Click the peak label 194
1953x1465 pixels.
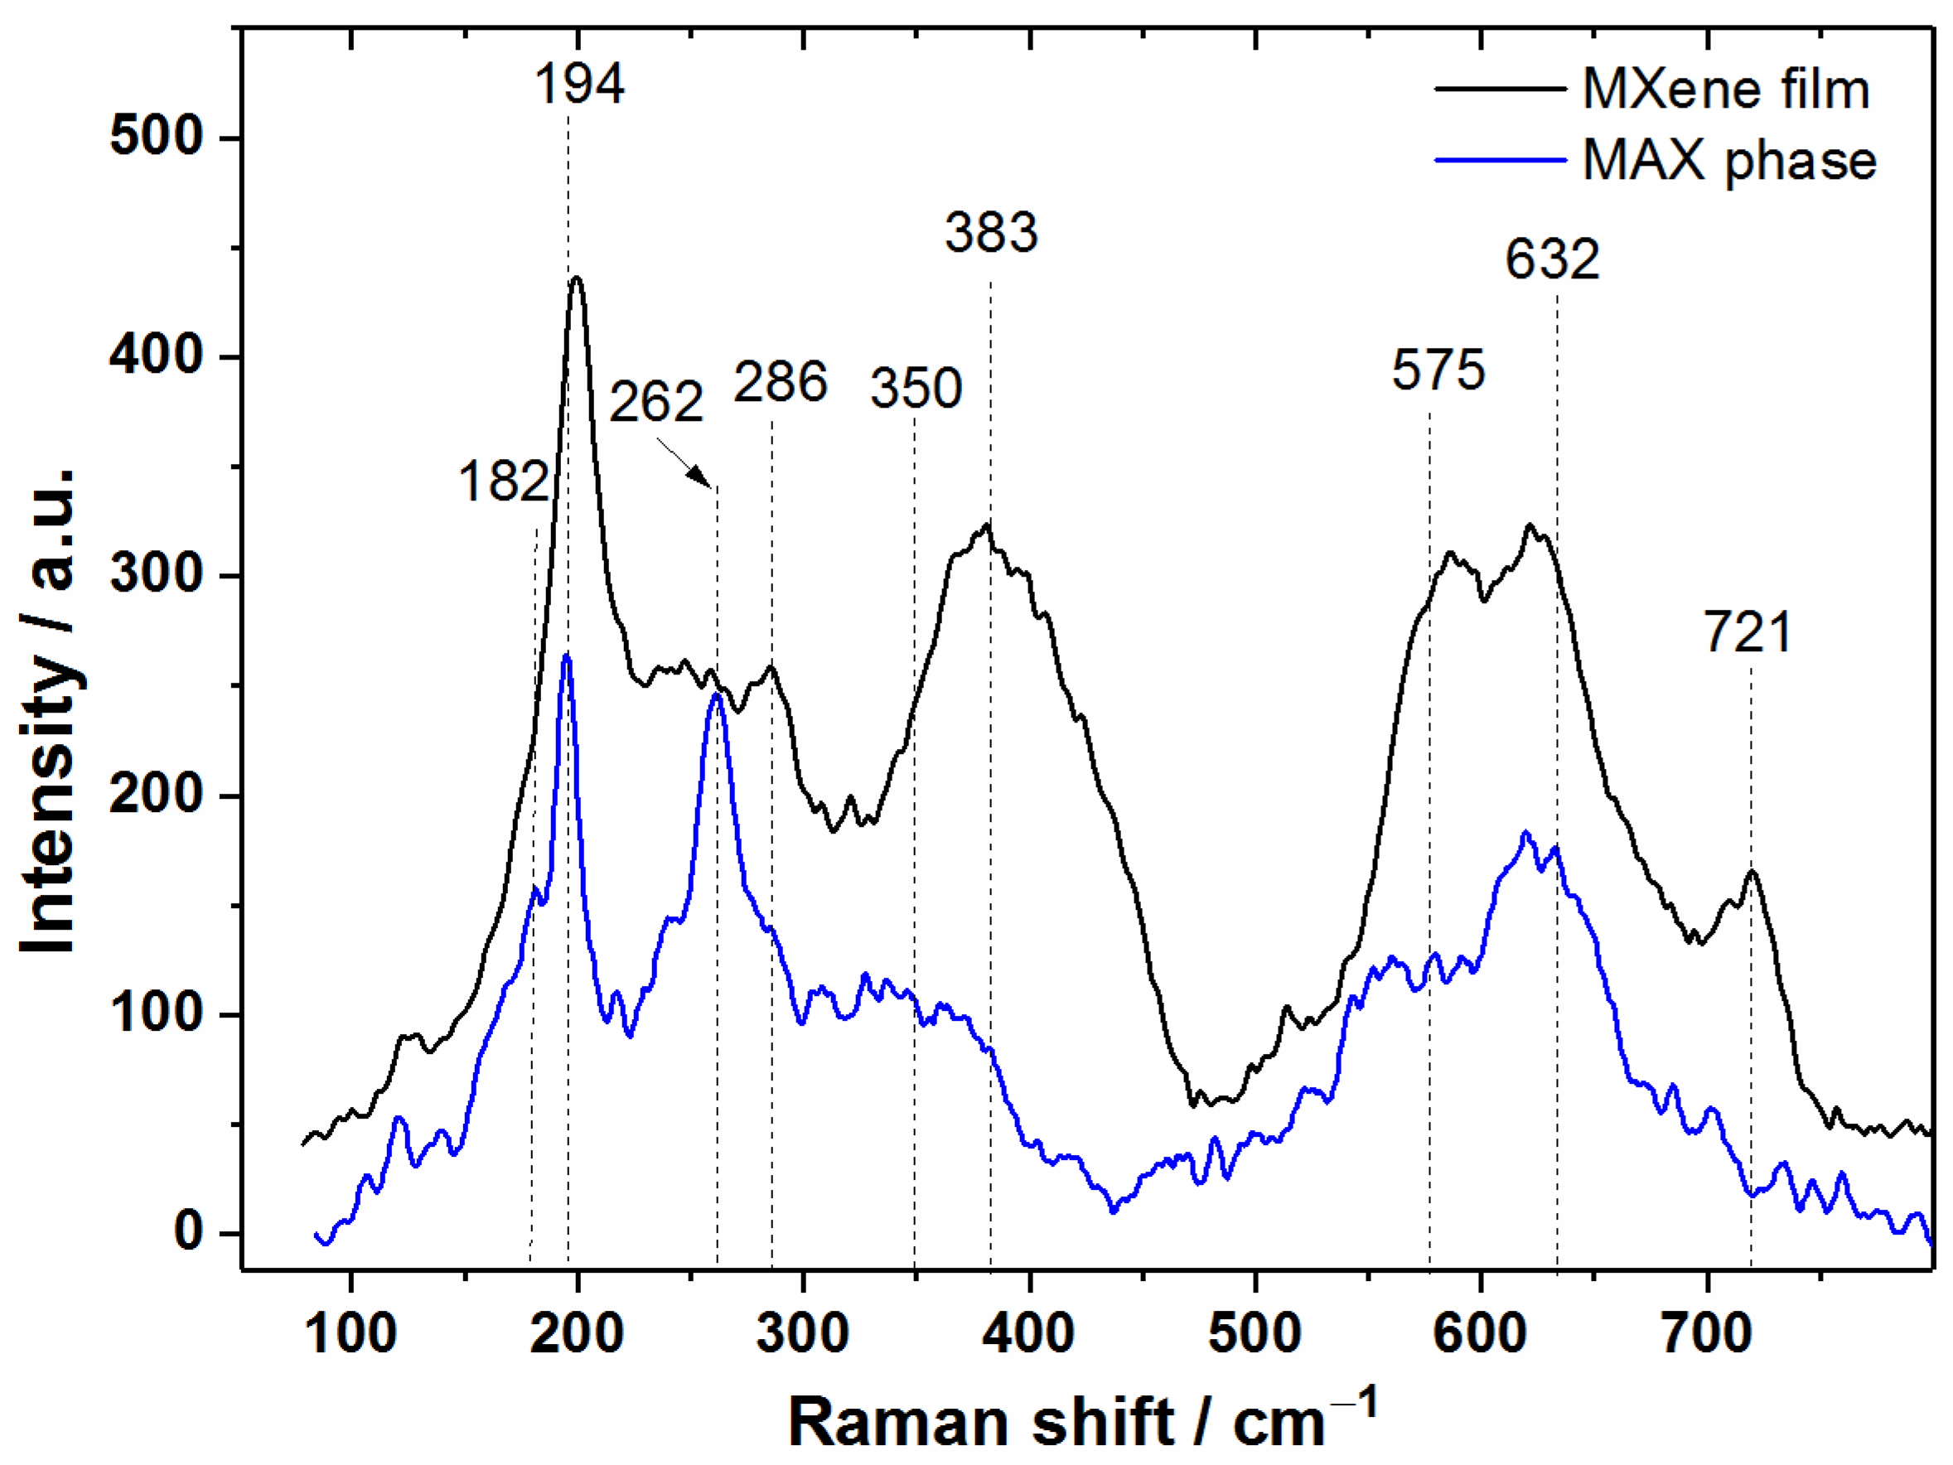pyautogui.click(x=579, y=85)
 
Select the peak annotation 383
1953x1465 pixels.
pyautogui.click(x=992, y=233)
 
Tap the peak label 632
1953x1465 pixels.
pyautogui.click(x=1552, y=259)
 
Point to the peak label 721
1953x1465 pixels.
pyautogui.click(x=1748, y=633)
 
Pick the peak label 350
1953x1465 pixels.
pyautogui.click(x=916, y=389)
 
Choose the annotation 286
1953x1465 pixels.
pyautogui.click(x=781, y=382)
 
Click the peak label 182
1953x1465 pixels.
pyautogui.click(x=503, y=483)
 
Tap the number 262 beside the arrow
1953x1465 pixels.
pyautogui.click(x=656, y=402)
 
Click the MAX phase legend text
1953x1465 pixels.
pyautogui.click(x=1729, y=161)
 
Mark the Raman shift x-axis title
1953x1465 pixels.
pyautogui.click(x=1081, y=1422)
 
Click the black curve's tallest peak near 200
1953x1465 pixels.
pyautogui.click(x=577, y=278)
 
